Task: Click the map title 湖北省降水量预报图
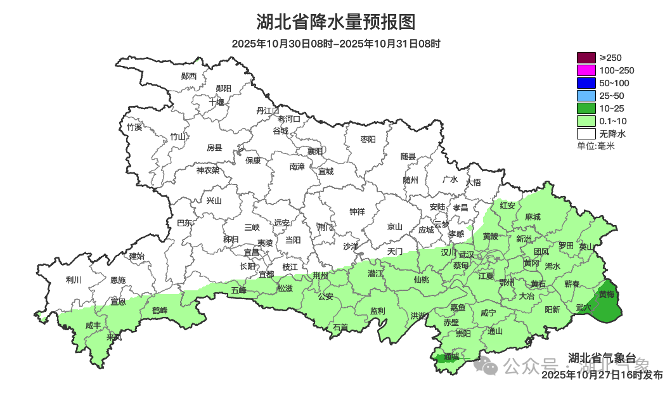click(x=336, y=22)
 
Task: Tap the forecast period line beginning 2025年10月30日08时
click(x=336, y=44)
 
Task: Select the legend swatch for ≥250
click(x=586, y=58)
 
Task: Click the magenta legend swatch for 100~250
click(x=586, y=70)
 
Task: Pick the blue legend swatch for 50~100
click(x=586, y=83)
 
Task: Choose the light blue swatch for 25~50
click(x=586, y=96)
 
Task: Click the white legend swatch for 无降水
click(x=586, y=134)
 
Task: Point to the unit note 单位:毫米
click(x=595, y=146)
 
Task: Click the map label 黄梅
click(x=606, y=294)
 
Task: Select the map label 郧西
click(x=189, y=76)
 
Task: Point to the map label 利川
click(x=74, y=280)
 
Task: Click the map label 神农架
click(x=207, y=170)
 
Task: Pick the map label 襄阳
click(x=315, y=151)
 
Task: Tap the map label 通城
click(x=451, y=356)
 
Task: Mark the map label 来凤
click(x=114, y=337)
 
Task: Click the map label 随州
click(x=411, y=179)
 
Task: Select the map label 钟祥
click(x=358, y=212)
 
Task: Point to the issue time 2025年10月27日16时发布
click(x=602, y=375)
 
